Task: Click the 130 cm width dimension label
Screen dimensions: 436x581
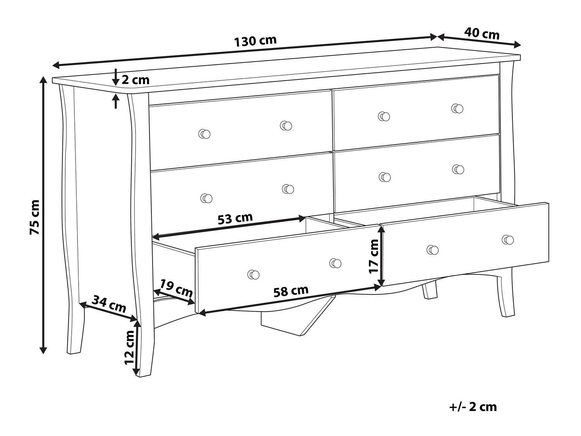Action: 255,41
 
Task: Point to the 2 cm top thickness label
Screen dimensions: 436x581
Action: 135,80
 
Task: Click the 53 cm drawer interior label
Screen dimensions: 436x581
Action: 235,219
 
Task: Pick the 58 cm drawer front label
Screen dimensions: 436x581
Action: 291,291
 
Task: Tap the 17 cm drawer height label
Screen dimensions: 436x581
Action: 373,256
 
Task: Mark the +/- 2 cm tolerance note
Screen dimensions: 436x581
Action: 473,407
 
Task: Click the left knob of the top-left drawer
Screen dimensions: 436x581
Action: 205,134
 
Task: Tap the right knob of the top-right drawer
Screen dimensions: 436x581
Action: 457,109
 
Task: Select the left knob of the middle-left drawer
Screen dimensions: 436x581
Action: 206,198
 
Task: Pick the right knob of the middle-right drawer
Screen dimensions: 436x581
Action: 458,169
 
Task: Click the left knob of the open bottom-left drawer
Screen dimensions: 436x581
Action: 253,275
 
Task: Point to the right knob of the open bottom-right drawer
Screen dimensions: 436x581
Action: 508,240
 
